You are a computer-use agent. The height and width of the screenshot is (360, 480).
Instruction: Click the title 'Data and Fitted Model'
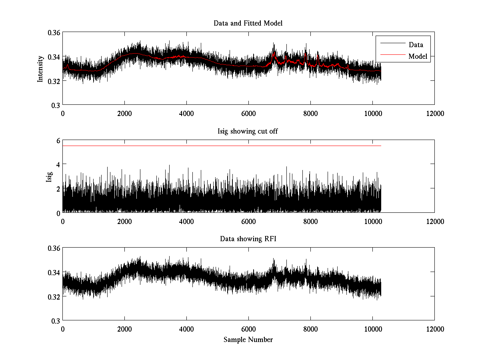[x=248, y=23]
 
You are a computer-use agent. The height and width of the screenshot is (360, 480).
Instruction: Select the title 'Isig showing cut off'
[x=248, y=131]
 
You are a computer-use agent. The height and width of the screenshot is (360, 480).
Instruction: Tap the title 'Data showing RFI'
[x=248, y=239]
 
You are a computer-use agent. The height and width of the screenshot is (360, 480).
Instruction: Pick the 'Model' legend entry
[x=418, y=56]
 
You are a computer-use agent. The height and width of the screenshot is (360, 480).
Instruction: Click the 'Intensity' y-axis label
[x=40, y=68]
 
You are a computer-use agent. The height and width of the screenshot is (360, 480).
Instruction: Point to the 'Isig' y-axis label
[x=49, y=176]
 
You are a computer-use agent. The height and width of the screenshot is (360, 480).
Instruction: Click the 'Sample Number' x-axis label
[x=248, y=340]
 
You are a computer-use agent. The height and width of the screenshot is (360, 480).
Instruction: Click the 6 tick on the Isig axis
[x=58, y=140]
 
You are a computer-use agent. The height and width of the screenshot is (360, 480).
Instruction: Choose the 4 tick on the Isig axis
[x=58, y=164]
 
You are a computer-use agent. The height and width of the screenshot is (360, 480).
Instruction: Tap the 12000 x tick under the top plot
[x=434, y=113]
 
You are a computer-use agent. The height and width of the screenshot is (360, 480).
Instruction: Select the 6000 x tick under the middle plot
[x=248, y=221]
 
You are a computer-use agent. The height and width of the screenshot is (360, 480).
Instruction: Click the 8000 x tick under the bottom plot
[x=310, y=329]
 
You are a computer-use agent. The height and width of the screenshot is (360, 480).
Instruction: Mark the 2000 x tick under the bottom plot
[x=124, y=329]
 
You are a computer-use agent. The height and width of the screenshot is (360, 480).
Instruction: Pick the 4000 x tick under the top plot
[x=186, y=113]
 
